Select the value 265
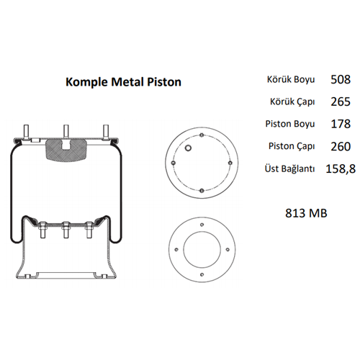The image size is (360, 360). pyautogui.click(x=341, y=101)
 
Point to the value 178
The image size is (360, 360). pyautogui.click(x=341, y=123)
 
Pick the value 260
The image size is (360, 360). pyautogui.click(x=341, y=146)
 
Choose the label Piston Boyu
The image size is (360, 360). pyautogui.click(x=292, y=124)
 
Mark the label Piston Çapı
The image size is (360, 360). pyautogui.click(x=292, y=147)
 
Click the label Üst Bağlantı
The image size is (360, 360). pyautogui.click(x=290, y=169)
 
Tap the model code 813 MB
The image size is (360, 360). pyautogui.click(x=307, y=213)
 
